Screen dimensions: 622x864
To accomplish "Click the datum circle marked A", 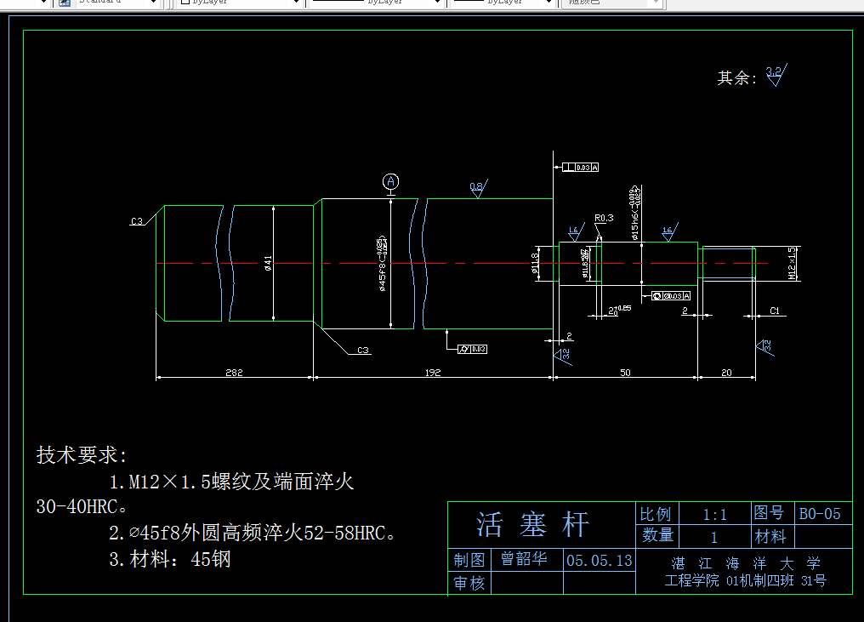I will (x=390, y=181).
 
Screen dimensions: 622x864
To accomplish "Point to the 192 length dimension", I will (x=433, y=372).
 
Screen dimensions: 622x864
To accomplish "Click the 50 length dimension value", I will (x=625, y=372).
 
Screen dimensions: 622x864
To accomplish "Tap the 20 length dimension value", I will (x=726, y=372).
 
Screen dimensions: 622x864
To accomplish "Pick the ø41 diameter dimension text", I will (x=268, y=264).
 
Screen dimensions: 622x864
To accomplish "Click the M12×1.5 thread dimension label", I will (x=792, y=264).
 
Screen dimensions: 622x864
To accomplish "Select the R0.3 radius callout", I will (x=604, y=218).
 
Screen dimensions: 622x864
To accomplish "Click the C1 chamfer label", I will (x=775, y=311).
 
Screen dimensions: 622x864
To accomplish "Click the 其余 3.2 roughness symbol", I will (x=776, y=75).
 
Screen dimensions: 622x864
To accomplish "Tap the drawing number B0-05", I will (x=820, y=513).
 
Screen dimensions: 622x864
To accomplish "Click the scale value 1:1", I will (x=714, y=514).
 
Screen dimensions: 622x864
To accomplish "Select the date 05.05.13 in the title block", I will (x=600, y=560).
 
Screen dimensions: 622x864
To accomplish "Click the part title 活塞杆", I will (x=532, y=524).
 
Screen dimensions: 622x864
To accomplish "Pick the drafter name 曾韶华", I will (x=524, y=560).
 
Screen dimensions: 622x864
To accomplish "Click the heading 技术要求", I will (x=81, y=455).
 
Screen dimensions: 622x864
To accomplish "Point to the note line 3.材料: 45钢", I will (x=169, y=560).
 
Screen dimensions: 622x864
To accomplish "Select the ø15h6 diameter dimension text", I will (x=635, y=213).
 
